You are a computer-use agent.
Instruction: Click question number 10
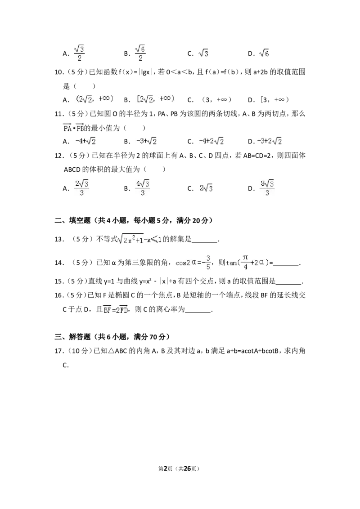(59, 72)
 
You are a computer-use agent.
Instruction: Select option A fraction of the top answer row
(79, 53)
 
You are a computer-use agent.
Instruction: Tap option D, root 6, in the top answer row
(264, 53)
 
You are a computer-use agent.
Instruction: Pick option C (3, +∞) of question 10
(216, 99)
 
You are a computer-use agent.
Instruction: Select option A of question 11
(85, 141)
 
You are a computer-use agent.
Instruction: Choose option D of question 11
(270, 141)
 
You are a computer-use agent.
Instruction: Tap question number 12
(59, 156)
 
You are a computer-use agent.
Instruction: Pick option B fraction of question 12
(143, 188)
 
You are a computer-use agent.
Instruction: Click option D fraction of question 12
(267, 188)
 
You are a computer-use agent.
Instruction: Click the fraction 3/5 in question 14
(208, 262)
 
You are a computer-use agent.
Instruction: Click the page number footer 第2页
(166, 469)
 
